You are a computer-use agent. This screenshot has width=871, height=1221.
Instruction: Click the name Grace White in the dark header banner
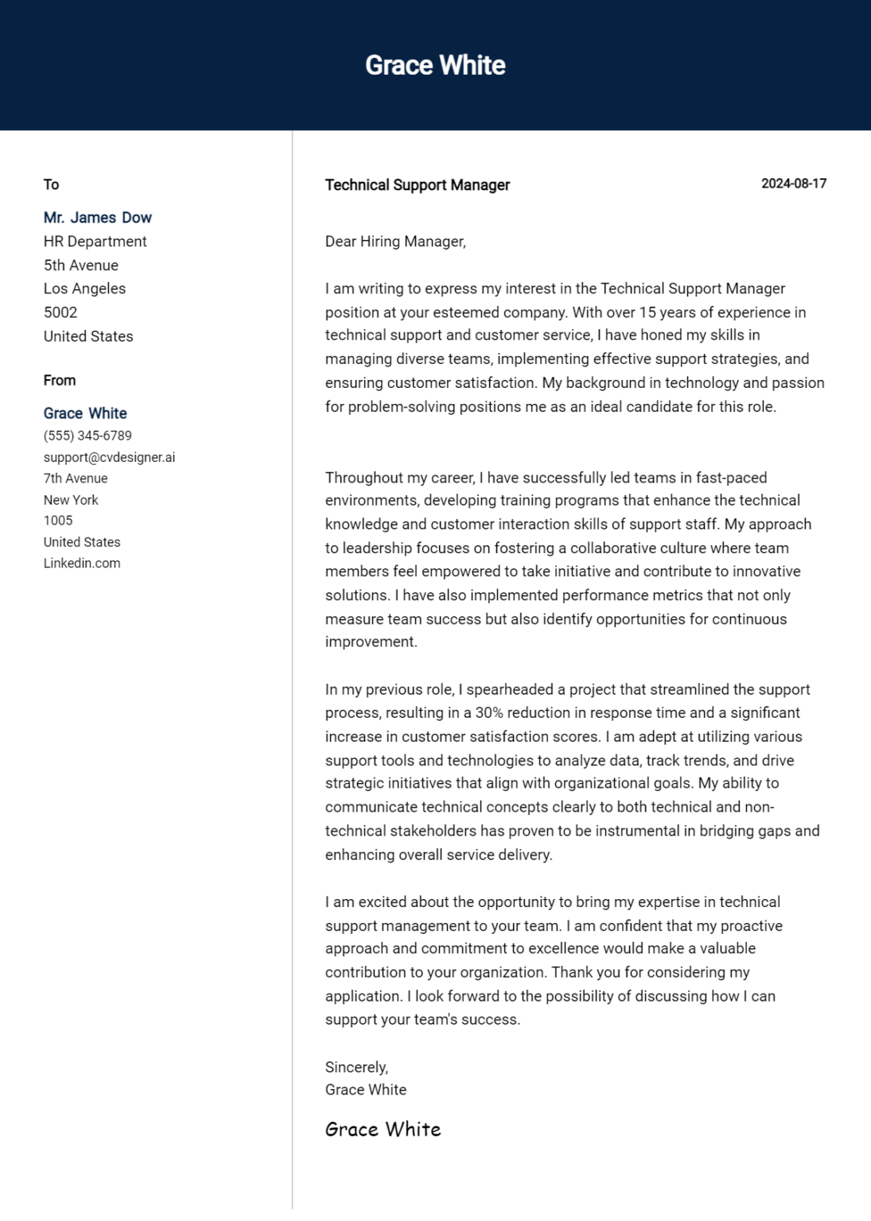click(435, 65)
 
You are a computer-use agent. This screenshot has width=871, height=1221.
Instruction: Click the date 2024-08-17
click(793, 184)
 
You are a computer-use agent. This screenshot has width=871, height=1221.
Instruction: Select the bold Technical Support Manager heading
click(417, 185)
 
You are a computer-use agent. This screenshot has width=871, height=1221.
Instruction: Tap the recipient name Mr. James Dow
click(97, 218)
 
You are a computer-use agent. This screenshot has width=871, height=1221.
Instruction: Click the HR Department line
click(95, 242)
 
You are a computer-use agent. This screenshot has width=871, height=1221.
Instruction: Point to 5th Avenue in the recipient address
click(80, 266)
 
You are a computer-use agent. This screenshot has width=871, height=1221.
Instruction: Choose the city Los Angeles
click(84, 289)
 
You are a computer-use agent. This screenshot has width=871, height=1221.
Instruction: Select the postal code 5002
click(60, 312)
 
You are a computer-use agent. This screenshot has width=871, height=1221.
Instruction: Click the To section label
click(51, 184)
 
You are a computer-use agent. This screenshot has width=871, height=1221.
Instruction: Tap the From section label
click(60, 381)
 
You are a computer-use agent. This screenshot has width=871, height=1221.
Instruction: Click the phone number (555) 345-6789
click(87, 436)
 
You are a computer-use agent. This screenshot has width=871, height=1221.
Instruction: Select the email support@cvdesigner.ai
click(109, 458)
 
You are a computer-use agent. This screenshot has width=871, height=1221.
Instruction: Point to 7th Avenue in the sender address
click(76, 479)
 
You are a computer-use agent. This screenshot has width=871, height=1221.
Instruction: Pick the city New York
click(71, 500)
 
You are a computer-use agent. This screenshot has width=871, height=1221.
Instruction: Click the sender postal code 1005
click(58, 521)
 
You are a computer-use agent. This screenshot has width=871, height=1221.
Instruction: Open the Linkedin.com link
click(82, 564)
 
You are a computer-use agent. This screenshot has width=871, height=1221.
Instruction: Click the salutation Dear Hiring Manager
click(395, 242)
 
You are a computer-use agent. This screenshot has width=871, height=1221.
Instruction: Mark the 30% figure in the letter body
click(488, 713)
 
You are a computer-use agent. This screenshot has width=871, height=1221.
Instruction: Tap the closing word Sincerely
click(356, 1068)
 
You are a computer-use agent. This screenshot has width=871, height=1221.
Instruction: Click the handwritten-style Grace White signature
click(383, 1130)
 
